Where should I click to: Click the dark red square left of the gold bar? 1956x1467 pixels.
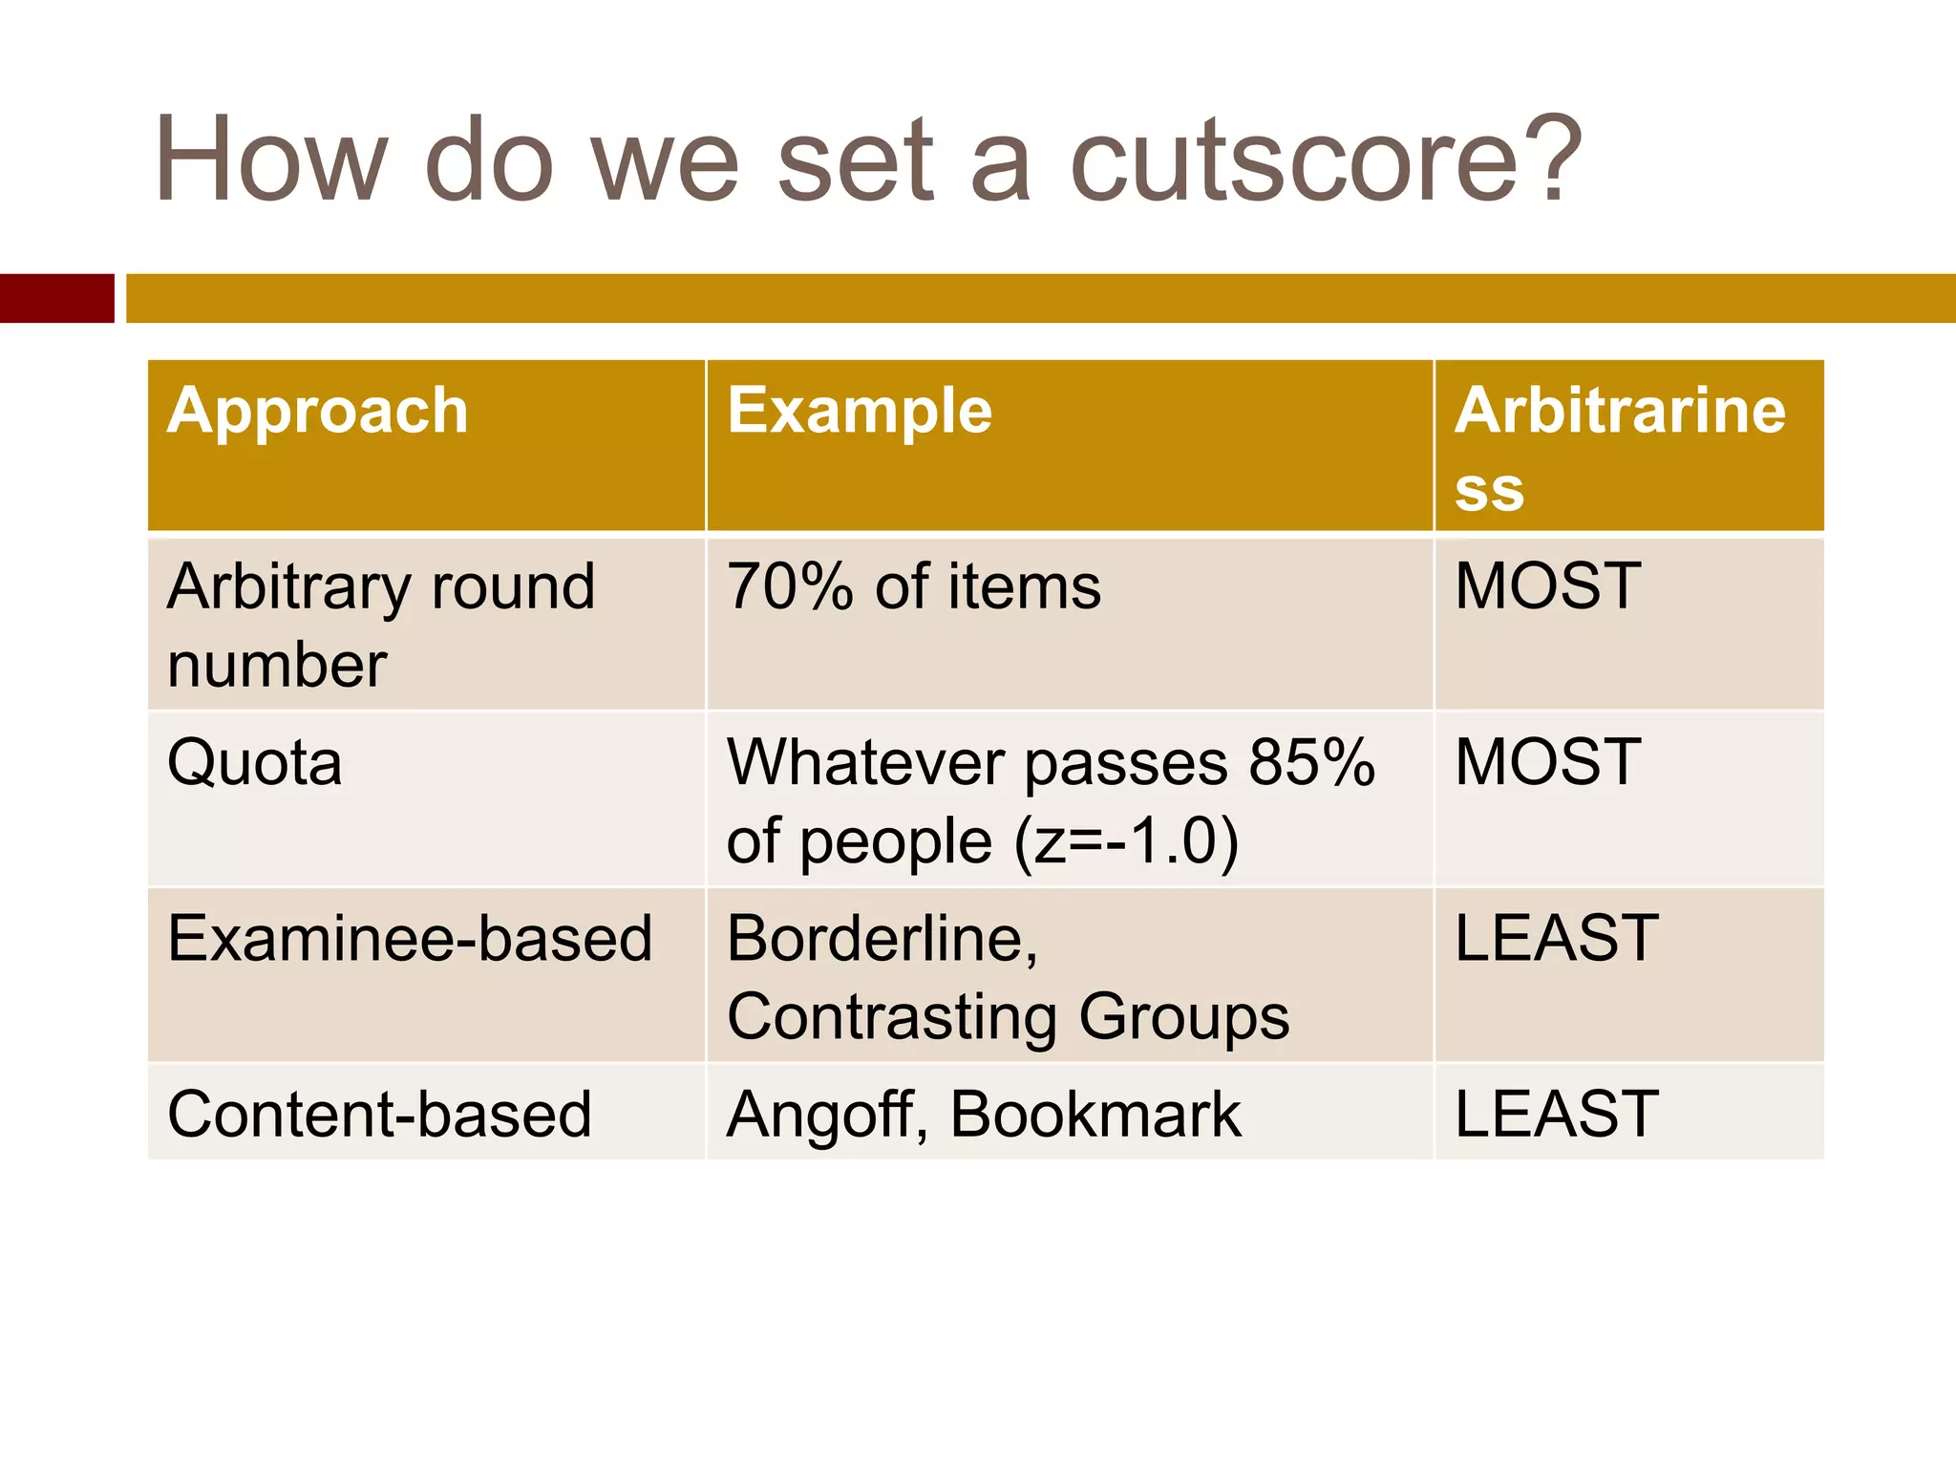pyautogui.click(x=56, y=298)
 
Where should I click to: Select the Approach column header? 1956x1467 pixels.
pyautogui.click(x=317, y=412)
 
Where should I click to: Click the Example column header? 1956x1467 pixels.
pyautogui.click(x=860, y=412)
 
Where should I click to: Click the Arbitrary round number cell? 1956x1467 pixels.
pyautogui.click(x=380, y=625)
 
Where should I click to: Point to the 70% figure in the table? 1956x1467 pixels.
pyautogui.click(x=789, y=586)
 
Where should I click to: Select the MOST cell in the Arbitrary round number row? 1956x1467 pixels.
pyautogui.click(x=1547, y=586)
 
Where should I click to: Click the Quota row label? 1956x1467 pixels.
pyautogui.click(x=254, y=763)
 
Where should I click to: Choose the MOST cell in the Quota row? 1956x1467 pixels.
pyautogui.click(x=1547, y=763)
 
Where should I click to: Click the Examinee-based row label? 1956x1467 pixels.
pyautogui.click(x=410, y=939)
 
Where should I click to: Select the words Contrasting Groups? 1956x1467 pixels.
pyautogui.click(x=1008, y=1017)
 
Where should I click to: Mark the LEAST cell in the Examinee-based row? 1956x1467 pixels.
pyautogui.click(x=1556, y=939)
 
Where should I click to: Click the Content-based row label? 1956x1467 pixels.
pyautogui.click(x=379, y=1115)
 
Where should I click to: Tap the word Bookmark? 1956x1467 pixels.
pyautogui.click(x=1095, y=1115)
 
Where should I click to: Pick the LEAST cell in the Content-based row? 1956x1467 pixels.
pyautogui.click(x=1556, y=1115)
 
